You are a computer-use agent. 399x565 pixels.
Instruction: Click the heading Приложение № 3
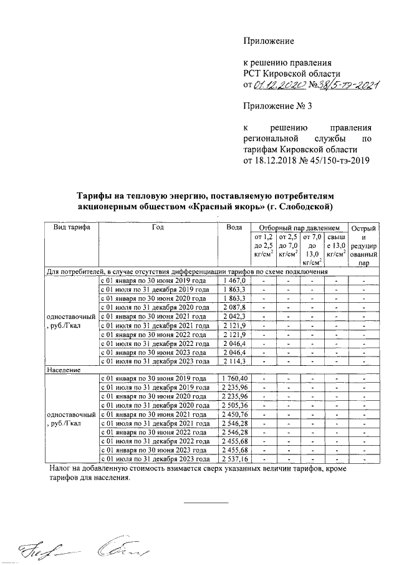click(x=277, y=107)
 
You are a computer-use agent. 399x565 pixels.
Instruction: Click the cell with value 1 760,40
click(x=234, y=379)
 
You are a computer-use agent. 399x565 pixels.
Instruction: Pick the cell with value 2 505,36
click(x=234, y=405)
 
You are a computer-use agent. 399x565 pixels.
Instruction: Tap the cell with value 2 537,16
click(x=234, y=458)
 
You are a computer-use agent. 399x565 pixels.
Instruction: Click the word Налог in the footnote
click(x=61, y=468)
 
